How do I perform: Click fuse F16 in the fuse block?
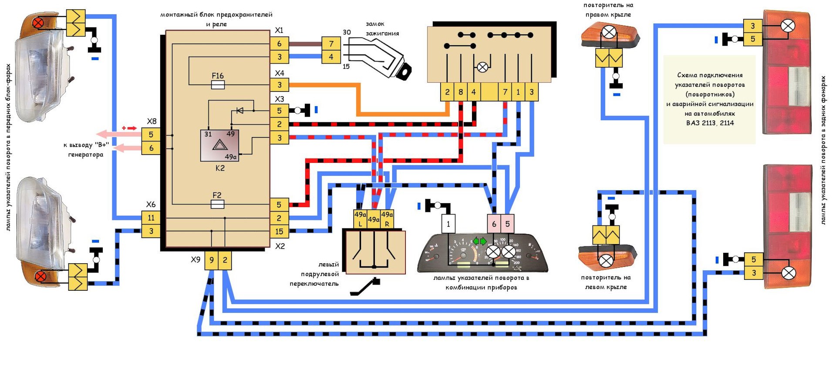coord(218,85)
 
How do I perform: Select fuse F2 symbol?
coord(217,204)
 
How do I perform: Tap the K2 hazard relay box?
coord(220,145)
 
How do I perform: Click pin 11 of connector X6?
coord(151,218)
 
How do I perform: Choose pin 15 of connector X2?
coord(279,232)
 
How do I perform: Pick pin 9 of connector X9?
coord(212,260)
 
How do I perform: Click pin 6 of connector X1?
coord(279,44)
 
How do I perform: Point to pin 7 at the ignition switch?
coord(331,44)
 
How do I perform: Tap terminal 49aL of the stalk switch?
coord(360,219)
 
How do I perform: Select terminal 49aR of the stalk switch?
coord(387,219)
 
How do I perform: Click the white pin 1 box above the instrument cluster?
coord(448,224)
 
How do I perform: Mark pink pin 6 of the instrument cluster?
coord(494,224)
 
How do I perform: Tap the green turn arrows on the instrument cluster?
coord(480,241)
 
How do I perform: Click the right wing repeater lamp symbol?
coord(609,32)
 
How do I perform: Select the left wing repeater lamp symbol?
coord(606,261)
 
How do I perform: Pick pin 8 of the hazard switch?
coord(461,92)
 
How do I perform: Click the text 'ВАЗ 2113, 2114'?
coord(710,123)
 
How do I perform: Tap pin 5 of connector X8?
coord(151,134)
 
